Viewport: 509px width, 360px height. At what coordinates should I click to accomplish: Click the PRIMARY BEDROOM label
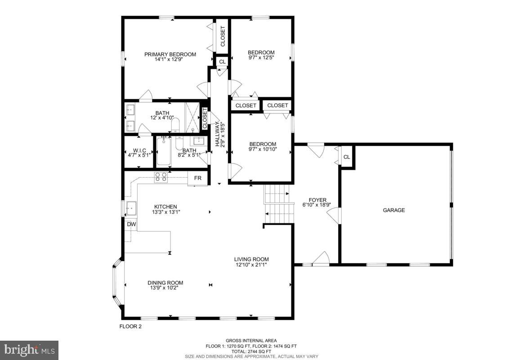coord(170,54)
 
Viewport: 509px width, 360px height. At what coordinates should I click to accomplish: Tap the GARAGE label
coord(393,210)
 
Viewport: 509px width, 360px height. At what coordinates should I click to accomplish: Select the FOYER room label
coord(317,200)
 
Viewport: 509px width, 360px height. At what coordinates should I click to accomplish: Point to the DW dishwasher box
coord(131,224)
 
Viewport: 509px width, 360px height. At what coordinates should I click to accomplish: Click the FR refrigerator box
coord(197,178)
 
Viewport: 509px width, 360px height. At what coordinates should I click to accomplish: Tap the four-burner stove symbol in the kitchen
coord(161,177)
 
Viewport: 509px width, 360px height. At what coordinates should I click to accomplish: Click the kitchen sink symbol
coord(131,208)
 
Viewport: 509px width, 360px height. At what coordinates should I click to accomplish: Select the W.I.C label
coord(137,151)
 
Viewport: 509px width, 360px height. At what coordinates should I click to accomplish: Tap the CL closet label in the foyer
coord(346,157)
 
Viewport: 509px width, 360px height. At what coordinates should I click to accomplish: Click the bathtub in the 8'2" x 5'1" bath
coord(164,152)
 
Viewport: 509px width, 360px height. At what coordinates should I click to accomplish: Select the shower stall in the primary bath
coord(192,118)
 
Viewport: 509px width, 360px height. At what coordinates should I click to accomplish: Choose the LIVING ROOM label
coord(251,259)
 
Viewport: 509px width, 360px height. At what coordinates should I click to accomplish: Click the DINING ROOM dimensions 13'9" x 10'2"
coord(165,288)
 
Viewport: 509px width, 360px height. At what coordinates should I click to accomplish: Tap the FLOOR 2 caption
coord(130,327)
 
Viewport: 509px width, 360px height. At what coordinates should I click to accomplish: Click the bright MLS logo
coord(29,350)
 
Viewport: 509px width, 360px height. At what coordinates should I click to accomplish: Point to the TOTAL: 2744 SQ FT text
coord(251,351)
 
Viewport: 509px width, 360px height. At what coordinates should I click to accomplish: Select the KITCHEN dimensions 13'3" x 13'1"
coord(165,212)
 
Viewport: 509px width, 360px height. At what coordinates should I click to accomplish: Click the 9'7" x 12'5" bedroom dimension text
coord(261,58)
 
